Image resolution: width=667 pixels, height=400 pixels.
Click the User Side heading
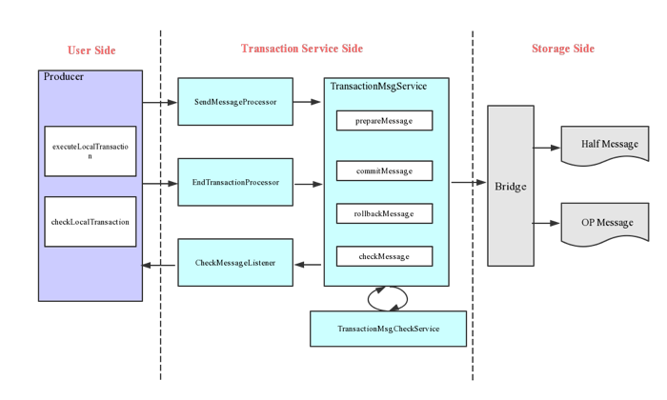pyautogui.click(x=92, y=50)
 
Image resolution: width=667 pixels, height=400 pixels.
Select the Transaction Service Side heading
pyautogui.click(x=301, y=49)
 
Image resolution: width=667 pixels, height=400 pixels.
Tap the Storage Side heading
pyautogui.click(x=562, y=49)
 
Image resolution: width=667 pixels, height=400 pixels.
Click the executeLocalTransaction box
pyautogui.click(x=91, y=150)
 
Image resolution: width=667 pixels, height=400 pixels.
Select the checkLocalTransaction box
pyautogui.click(x=91, y=221)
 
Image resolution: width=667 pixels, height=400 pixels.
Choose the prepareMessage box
pyautogui.click(x=384, y=121)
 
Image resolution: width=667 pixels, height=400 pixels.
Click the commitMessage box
pyautogui.click(x=384, y=171)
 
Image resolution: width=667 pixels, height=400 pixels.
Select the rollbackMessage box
pyautogui.click(x=384, y=213)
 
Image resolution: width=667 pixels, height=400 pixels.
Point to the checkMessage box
pyautogui.click(x=384, y=256)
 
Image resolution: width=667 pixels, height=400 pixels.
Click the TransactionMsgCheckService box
pyautogui.click(x=388, y=329)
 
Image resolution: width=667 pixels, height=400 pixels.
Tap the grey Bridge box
pyautogui.click(x=511, y=186)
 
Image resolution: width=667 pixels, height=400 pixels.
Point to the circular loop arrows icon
pyautogui.click(x=388, y=298)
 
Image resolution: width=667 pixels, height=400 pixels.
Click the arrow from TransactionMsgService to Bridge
pyautogui.click(x=468, y=181)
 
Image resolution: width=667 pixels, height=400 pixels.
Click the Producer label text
pyautogui.click(x=64, y=76)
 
